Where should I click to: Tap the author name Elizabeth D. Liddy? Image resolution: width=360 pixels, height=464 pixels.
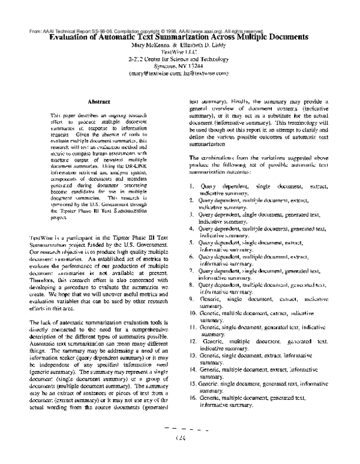(x=198, y=44)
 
